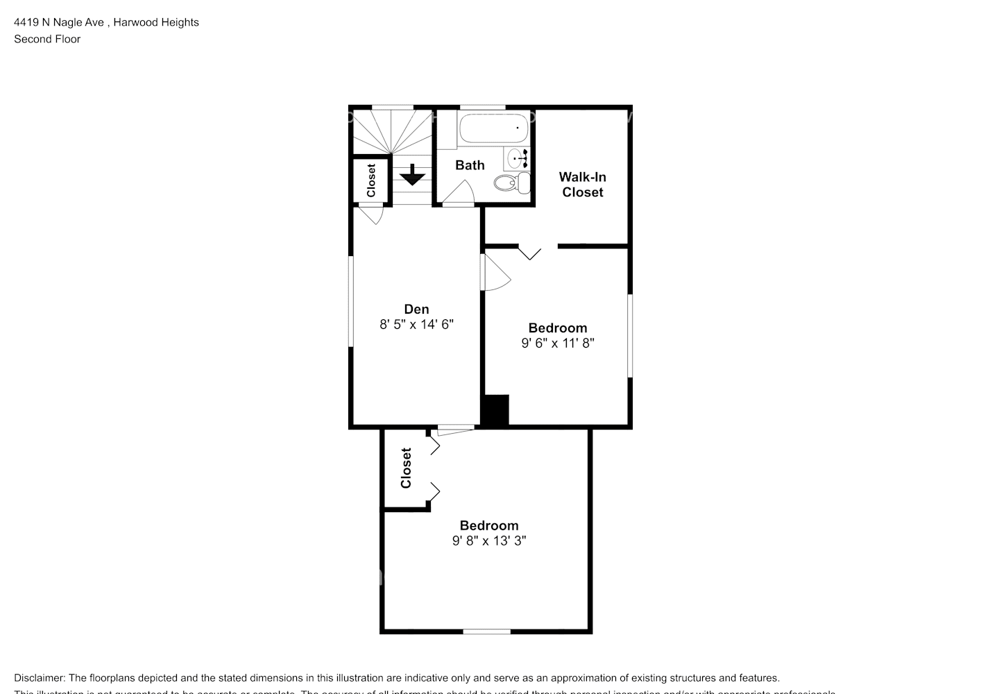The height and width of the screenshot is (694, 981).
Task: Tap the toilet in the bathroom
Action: tap(512, 183)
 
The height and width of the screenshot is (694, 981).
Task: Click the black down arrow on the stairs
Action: tap(413, 175)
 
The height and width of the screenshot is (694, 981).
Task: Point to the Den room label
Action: tap(416, 310)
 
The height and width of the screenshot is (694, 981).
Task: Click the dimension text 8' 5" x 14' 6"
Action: tap(416, 324)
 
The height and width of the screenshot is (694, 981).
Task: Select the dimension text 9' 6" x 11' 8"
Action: tap(558, 343)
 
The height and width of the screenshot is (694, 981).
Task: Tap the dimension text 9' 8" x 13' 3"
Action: tap(489, 541)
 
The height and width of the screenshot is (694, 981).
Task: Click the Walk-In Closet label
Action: tap(582, 185)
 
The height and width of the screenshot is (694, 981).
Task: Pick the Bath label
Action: tap(470, 165)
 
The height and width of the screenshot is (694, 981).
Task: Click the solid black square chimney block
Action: tap(495, 409)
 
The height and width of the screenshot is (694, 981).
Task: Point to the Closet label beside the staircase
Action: tap(370, 180)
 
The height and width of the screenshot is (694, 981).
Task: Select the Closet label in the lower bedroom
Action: tap(406, 468)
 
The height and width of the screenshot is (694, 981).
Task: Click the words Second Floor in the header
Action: tap(47, 39)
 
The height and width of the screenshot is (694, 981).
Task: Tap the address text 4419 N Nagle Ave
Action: tap(59, 22)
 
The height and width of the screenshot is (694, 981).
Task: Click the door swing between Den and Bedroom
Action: tap(495, 274)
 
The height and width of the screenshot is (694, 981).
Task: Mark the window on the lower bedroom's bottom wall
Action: tap(487, 631)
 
